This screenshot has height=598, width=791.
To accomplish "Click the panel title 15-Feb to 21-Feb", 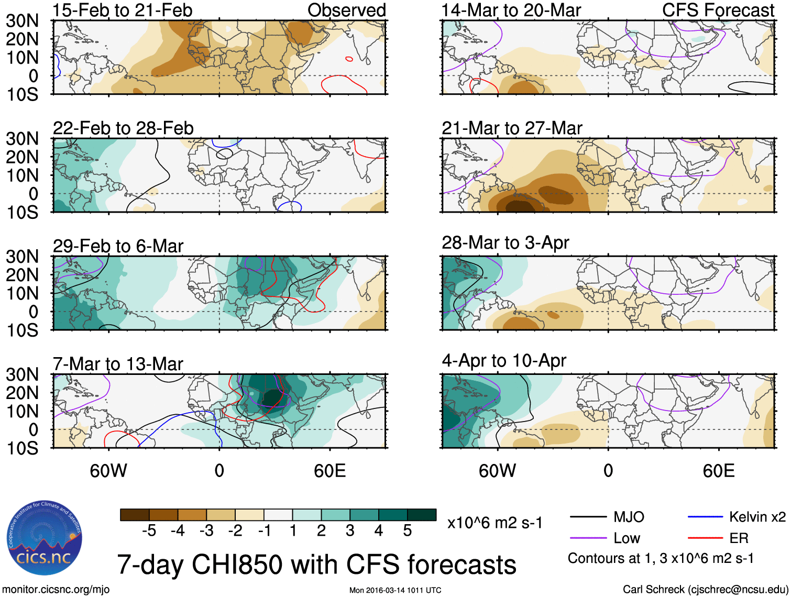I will pos(123,10).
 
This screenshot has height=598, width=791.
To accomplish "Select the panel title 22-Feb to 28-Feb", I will pos(123,128).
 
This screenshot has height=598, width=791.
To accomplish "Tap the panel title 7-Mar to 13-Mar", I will pos(118,363).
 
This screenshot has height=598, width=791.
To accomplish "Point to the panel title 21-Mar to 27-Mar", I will pos(512,128).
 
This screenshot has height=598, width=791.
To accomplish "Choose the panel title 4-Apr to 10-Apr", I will pos(504,360).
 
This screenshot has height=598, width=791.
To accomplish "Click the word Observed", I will pos(346,10).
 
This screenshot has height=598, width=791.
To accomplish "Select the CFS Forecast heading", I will pos(718,10).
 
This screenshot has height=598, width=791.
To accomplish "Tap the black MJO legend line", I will pos(588,517).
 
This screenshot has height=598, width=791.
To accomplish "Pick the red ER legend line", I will pos(705,538).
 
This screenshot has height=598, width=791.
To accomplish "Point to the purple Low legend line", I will pos(588,538).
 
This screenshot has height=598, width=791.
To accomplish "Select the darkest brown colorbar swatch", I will pos(135,515).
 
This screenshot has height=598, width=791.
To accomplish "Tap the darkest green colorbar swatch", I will pos(422,515).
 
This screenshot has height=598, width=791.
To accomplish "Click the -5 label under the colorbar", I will pos(149,531).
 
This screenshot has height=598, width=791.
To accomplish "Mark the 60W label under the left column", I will pos(108,471).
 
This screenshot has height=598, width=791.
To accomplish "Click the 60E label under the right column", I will pos(718,471).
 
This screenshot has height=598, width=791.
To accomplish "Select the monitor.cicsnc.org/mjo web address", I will pos(56,590).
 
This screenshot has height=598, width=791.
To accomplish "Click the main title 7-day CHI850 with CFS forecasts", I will pos(316,564).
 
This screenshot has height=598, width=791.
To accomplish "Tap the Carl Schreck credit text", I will pos(705,590).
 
